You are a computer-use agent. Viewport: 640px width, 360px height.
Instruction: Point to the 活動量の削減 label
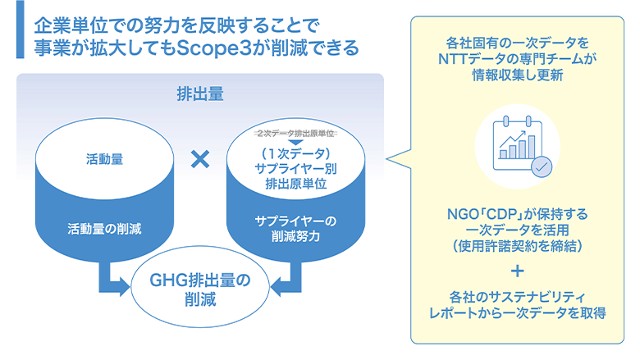click(105, 228)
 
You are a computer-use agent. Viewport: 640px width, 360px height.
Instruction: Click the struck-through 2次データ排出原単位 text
click(294, 132)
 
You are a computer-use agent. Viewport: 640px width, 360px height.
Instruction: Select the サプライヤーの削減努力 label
click(294, 229)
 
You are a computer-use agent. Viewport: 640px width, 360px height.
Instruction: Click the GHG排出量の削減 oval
click(199, 289)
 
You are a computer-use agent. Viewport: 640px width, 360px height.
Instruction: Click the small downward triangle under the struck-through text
click(294, 142)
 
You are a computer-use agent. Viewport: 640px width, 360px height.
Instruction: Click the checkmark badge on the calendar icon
click(541, 166)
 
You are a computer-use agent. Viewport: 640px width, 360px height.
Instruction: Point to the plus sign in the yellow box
click(517, 271)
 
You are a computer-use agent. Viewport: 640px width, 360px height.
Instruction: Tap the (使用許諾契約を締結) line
click(517, 245)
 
